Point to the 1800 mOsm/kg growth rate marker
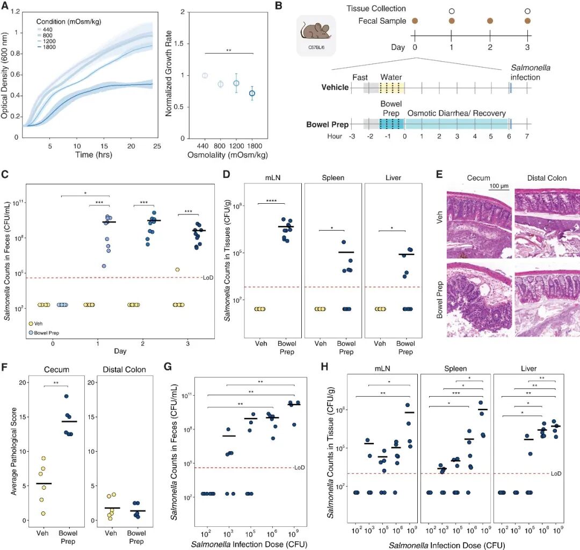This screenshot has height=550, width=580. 251,93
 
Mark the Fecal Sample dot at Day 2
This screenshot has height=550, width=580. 489,20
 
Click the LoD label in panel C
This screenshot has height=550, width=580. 208,277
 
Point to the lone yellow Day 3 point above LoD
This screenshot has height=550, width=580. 177,269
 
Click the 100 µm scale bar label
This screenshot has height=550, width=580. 499,185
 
